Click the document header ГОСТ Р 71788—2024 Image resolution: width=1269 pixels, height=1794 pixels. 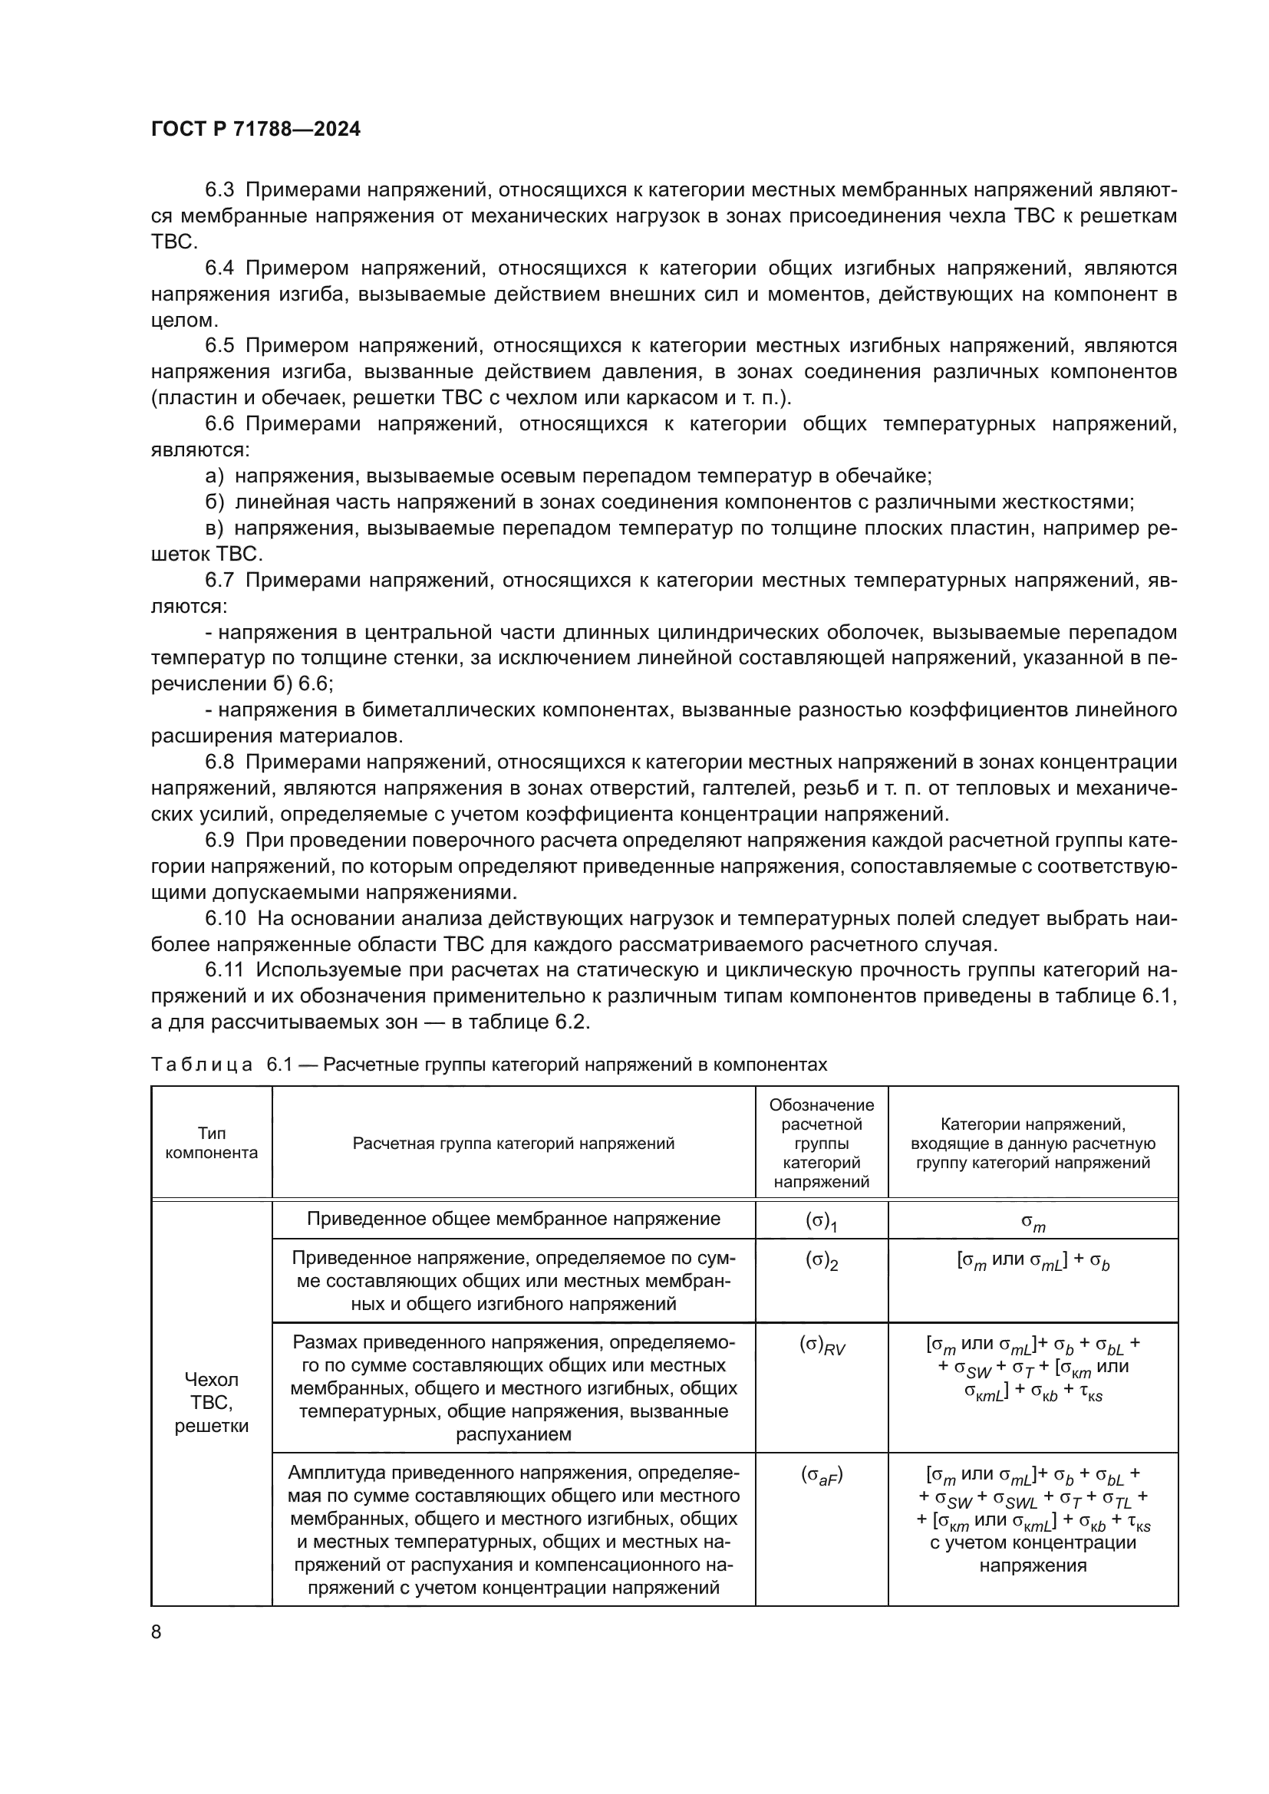click(255, 130)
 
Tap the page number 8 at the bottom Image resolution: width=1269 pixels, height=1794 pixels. click(157, 1631)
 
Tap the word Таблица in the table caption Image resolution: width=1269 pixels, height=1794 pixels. click(202, 1065)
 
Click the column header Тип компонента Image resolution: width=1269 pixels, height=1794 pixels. click(211, 1143)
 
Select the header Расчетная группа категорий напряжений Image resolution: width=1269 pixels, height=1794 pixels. click(513, 1144)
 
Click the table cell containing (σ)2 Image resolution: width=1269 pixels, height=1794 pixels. click(821, 1262)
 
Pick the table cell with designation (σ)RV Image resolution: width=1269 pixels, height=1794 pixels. click(821, 1345)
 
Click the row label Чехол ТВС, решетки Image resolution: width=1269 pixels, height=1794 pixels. click(211, 1403)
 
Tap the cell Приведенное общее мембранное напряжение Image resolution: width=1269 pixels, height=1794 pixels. click(513, 1219)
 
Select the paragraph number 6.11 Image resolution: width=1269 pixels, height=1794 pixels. click(225, 970)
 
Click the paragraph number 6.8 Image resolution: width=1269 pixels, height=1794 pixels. click(219, 762)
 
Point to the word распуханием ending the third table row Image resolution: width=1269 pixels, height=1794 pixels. click(513, 1434)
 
